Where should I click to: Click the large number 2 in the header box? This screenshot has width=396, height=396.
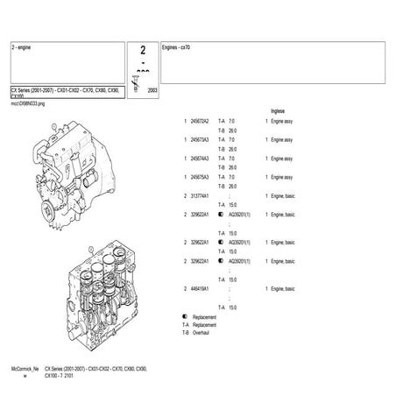[x=143, y=54]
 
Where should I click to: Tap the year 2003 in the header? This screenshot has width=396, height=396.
[x=152, y=90]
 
